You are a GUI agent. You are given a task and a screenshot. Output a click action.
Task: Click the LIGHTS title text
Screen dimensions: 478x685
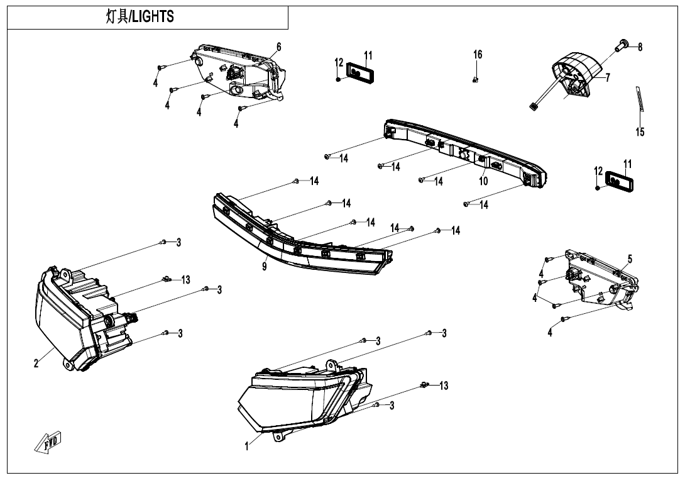coord(140,17)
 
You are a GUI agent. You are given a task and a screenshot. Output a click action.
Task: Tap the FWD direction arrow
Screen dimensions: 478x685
coord(48,443)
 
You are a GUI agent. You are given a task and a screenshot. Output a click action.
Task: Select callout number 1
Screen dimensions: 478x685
coord(247,447)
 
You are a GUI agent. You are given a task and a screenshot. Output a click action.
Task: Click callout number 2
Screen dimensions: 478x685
coord(36,363)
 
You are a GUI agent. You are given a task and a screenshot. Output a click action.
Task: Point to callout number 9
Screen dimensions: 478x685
coord(265,267)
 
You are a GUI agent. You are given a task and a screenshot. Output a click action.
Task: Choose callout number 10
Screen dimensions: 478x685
coord(483,181)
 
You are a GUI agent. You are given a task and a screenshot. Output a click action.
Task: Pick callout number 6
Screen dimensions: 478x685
coord(279,47)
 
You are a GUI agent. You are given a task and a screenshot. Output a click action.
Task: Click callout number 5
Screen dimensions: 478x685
coord(630,258)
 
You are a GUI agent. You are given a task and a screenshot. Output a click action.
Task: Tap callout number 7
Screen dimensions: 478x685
coord(608,78)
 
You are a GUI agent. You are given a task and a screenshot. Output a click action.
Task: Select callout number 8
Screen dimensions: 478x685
coord(640,47)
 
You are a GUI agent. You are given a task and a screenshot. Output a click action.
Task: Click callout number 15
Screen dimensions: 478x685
coord(640,132)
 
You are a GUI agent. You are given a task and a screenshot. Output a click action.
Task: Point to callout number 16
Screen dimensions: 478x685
coord(478,55)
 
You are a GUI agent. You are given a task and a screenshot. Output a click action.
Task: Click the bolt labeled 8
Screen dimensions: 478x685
coord(622,44)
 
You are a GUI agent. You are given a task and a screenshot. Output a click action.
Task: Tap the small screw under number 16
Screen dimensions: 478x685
coord(476,79)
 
